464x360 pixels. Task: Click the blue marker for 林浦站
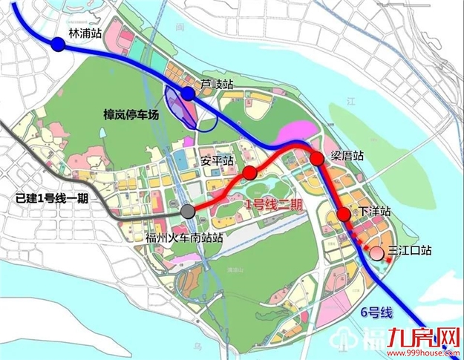[x=59, y=45]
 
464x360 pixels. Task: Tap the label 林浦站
[x=83, y=34]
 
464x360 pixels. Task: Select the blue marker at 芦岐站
[x=188, y=94]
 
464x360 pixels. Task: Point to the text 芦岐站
[x=216, y=84]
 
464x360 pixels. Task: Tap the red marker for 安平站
[x=250, y=173]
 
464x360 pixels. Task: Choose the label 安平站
[x=218, y=160]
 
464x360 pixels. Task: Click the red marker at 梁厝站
[x=317, y=158]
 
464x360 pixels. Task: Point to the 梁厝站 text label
[x=347, y=157]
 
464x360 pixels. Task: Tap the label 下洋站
[x=375, y=212]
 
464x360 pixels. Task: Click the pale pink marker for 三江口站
[x=376, y=252]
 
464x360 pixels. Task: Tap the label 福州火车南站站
[x=185, y=238]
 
